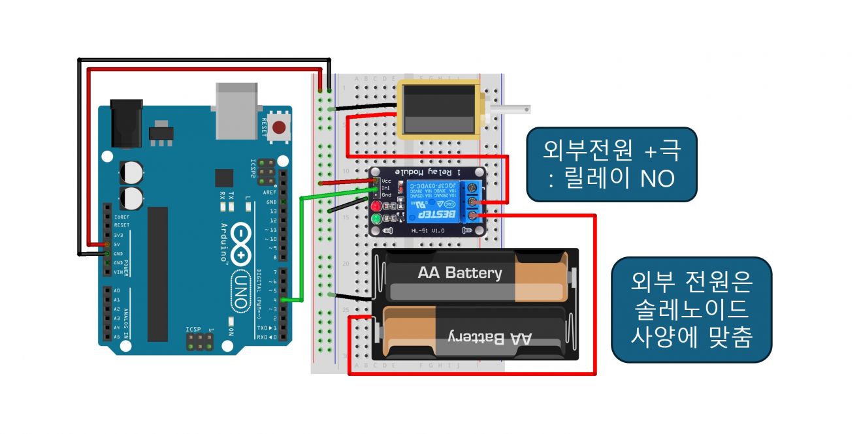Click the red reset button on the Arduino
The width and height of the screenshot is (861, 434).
(280, 127)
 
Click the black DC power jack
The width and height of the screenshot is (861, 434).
(127, 122)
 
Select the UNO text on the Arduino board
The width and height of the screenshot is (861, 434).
(239, 292)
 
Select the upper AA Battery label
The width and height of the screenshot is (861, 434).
(460, 273)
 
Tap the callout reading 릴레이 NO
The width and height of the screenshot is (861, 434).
(612, 164)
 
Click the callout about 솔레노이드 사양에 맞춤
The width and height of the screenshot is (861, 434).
(691, 309)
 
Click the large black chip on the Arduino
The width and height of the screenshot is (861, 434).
(157, 274)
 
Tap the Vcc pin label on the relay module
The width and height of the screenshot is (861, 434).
(385, 180)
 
